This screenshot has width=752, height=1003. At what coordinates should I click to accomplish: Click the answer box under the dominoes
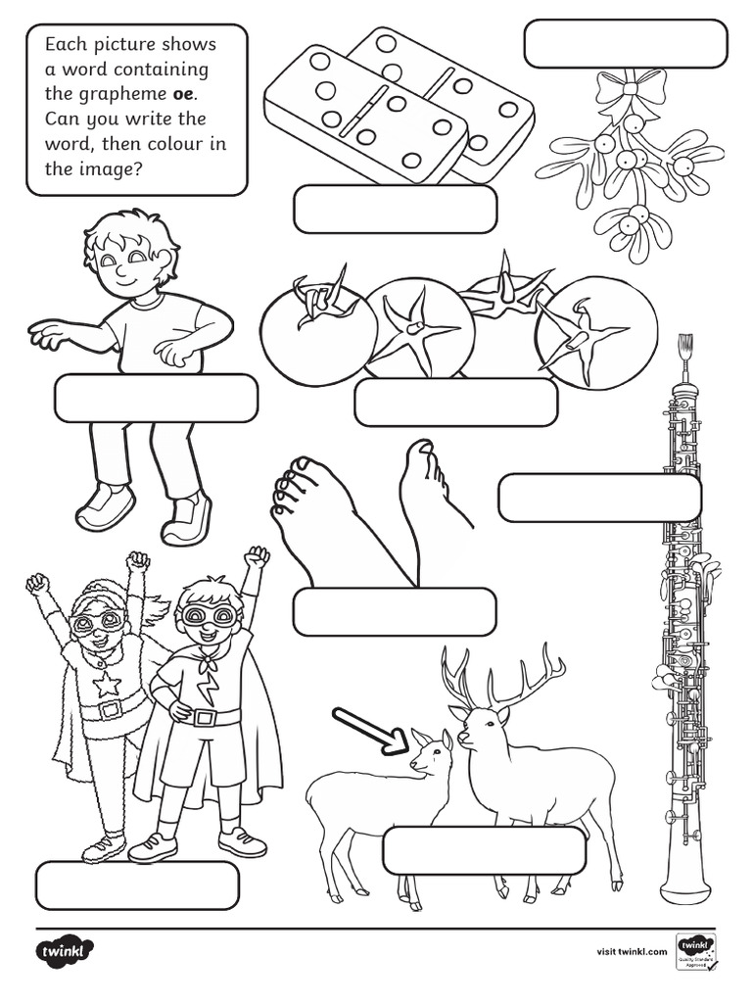pyautogui.click(x=395, y=209)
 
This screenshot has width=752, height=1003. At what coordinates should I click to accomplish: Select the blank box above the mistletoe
pyautogui.click(x=626, y=43)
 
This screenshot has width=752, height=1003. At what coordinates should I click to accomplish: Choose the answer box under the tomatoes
pyautogui.click(x=455, y=402)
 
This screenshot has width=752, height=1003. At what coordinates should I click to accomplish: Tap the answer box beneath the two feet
pyautogui.click(x=395, y=611)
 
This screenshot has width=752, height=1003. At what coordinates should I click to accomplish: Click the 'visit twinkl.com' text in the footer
pyautogui.click(x=632, y=950)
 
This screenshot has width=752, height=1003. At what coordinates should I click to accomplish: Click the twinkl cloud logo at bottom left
pyautogui.click(x=67, y=950)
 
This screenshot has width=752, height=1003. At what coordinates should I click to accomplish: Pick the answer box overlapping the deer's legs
pyautogui.click(x=484, y=850)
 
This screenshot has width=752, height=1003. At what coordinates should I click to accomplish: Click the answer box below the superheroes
pyautogui.click(x=137, y=884)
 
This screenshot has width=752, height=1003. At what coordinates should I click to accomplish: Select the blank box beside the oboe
pyautogui.click(x=599, y=498)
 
